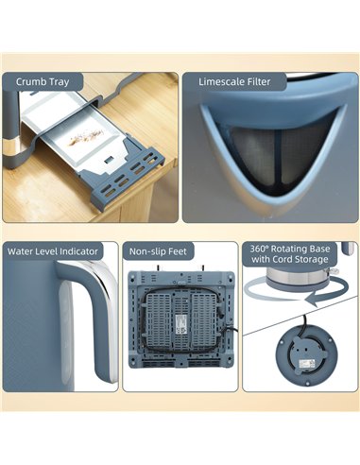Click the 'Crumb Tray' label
43,82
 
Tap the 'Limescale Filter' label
234,82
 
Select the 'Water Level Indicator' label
53,251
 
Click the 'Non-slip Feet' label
158,251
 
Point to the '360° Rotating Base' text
290,249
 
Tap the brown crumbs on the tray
86,138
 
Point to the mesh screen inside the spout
276,151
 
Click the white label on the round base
306,363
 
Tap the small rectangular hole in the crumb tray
110,159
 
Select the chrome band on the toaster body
12,146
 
